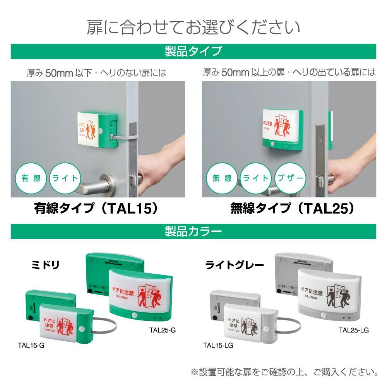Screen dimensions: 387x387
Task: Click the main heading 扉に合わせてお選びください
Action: coord(193,27)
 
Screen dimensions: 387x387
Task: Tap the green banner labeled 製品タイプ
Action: coord(193,51)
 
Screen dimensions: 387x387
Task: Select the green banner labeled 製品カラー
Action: coord(193,231)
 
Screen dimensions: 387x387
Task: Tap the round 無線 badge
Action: coord(222,178)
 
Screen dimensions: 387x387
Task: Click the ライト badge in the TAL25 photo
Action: coord(256,178)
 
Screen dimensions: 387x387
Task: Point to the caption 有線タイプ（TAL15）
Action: coord(97,209)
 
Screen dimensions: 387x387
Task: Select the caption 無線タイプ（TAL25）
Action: coord(292,209)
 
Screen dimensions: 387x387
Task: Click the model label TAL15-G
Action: coord(31,346)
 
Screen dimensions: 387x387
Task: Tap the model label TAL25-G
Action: coord(163,330)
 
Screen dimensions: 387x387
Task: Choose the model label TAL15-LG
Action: coord(218,346)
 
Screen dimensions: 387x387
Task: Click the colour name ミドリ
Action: coord(45,265)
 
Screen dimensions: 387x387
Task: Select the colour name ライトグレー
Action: coord(235,265)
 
